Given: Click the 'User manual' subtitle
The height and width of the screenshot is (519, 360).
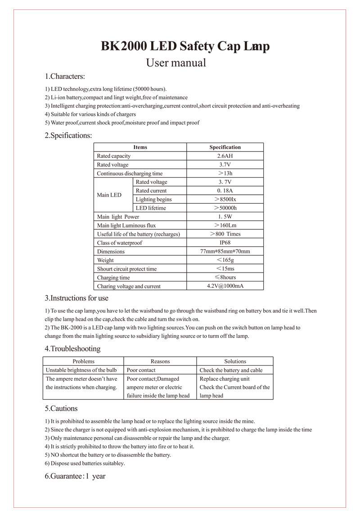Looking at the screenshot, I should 176,63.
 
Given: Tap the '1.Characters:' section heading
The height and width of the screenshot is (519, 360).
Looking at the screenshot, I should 65,76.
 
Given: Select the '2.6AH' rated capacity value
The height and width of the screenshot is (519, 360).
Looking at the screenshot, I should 225,156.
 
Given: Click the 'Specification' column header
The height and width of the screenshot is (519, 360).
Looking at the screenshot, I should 225,147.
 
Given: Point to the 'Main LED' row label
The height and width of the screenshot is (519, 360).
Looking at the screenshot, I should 109,195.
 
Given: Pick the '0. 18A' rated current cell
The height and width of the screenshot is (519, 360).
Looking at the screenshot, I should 225,191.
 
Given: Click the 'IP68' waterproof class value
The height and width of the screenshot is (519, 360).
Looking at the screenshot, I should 225,243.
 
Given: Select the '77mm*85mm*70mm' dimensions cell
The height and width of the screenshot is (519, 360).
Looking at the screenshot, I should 225,251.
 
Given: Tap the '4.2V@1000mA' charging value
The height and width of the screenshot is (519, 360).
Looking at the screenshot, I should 225,286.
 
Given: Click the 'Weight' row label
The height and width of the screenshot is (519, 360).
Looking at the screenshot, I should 105,260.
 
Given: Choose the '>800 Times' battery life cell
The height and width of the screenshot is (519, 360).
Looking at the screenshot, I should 225,234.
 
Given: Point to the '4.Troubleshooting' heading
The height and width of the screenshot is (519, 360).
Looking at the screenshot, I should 72,349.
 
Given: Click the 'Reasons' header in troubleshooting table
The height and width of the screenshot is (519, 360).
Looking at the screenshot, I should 160,361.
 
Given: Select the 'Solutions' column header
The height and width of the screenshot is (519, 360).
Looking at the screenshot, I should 235,361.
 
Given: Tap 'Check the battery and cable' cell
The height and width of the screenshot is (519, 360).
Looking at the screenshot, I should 231,370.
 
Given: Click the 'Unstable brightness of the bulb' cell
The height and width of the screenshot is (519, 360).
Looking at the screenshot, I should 81,370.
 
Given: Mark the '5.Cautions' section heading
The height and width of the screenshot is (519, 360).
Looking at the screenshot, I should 61,409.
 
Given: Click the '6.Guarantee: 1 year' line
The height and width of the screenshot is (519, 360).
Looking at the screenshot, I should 75,476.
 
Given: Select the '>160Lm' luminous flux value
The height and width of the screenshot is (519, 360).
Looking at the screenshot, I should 225,225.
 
